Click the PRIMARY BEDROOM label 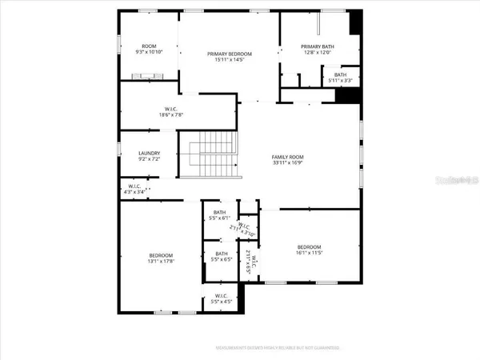click(230, 54)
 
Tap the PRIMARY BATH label click(317, 46)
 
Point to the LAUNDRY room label click(150, 153)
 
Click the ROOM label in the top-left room click(148, 46)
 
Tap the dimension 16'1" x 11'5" click(309, 253)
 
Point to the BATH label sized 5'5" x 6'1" click(220, 212)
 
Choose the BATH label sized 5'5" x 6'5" click(221, 254)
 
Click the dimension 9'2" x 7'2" click(150, 159)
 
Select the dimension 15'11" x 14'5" click(230, 60)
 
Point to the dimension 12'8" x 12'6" click(317, 53)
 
